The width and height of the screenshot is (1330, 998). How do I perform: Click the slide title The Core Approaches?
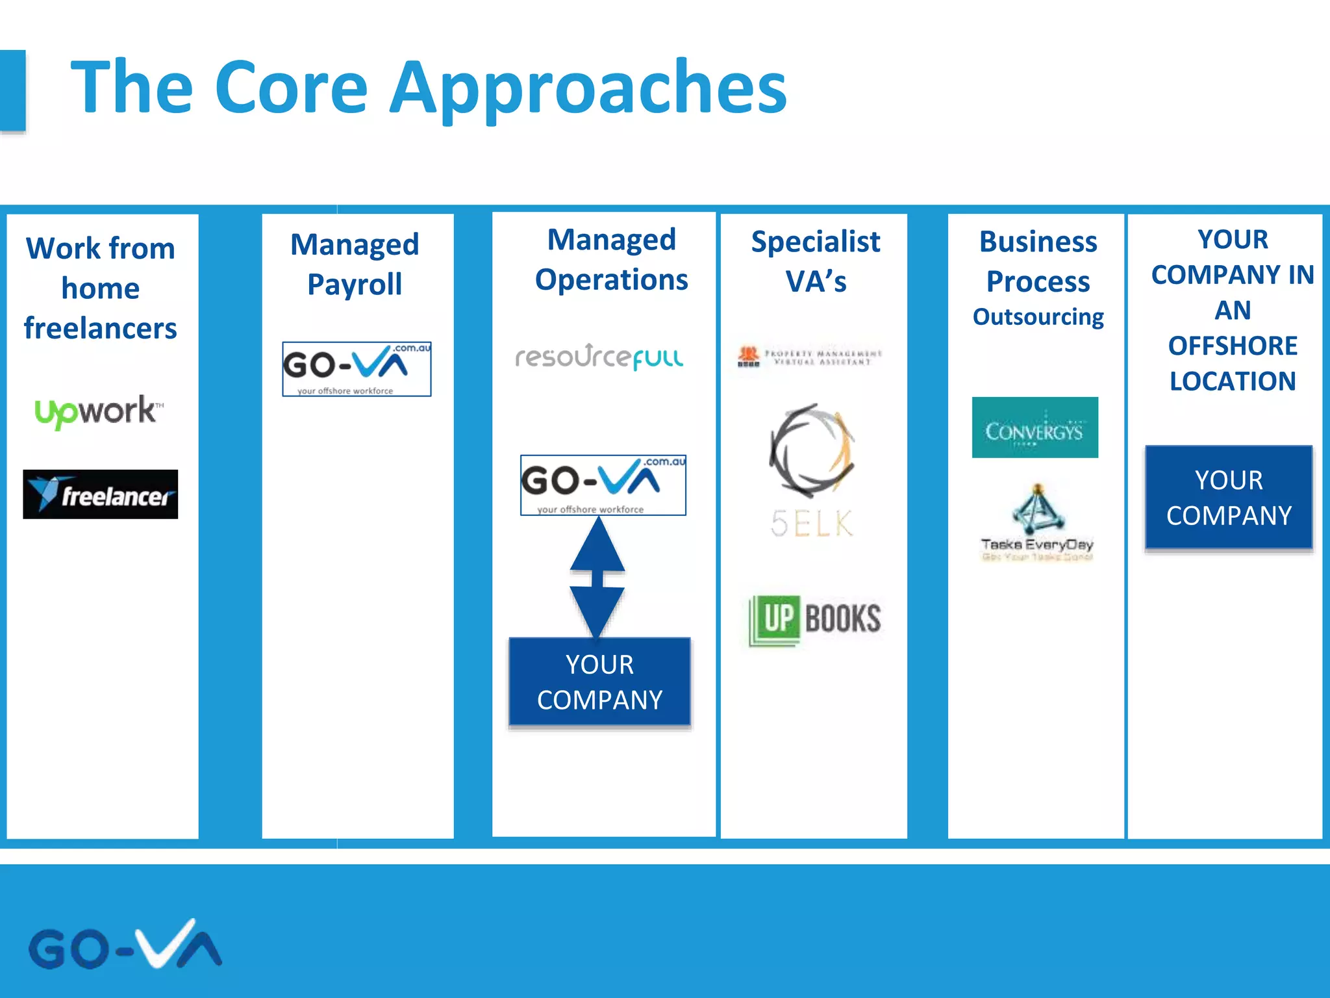click(429, 88)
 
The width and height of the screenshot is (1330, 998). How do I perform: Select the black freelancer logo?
click(101, 494)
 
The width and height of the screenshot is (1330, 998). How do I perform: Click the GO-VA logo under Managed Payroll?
click(357, 369)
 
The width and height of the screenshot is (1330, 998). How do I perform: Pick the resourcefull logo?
click(599, 357)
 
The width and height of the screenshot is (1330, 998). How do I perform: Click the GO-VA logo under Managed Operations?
click(603, 485)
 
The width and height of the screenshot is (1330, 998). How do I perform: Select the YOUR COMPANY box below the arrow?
click(599, 682)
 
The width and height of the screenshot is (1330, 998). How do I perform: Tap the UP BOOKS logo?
click(815, 619)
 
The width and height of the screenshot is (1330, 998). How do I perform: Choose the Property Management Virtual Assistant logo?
click(810, 357)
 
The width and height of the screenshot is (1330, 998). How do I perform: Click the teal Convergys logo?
click(1035, 428)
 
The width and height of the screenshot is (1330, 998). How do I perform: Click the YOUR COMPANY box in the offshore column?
click(1229, 498)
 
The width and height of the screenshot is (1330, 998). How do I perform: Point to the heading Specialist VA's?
click(816, 261)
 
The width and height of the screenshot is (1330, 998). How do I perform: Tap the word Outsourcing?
click(1038, 317)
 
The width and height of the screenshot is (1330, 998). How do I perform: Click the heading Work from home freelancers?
click(101, 288)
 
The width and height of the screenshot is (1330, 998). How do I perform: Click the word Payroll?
click(355, 285)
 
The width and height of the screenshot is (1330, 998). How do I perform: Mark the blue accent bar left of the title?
click(12, 91)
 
